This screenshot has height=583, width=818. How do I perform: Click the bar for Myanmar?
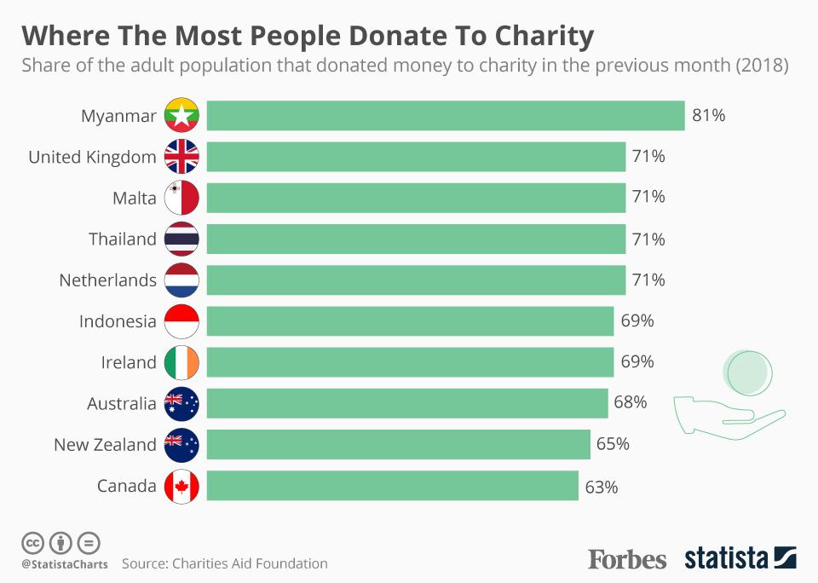tap(445, 116)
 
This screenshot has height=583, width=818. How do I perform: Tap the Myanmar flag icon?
tap(181, 116)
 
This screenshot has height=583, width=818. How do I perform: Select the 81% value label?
tap(708, 116)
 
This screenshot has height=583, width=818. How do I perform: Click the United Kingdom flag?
tap(181, 157)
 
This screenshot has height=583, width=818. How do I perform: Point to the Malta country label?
tap(134, 198)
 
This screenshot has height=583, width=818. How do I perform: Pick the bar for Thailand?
tap(416, 240)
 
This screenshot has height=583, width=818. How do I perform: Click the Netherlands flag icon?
tap(181, 280)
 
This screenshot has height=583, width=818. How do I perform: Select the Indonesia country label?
tap(118, 321)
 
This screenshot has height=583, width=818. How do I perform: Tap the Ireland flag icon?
tap(181, 362)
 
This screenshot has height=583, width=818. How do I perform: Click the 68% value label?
tap(631, 402)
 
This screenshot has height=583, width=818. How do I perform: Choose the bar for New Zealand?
tap(398, 444)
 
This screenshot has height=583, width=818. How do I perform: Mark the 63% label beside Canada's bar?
tap(602, 488)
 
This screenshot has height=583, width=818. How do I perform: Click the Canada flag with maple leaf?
tap(181, 486)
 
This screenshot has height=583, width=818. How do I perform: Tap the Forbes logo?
tap(627, 559)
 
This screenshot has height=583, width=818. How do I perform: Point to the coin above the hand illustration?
tap(747, 371)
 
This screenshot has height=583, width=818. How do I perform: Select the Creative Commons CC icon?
tap(32, 543)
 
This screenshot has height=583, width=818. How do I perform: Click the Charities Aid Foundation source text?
tap(250, 563)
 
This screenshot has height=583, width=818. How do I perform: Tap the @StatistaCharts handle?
tap(64, 564)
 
